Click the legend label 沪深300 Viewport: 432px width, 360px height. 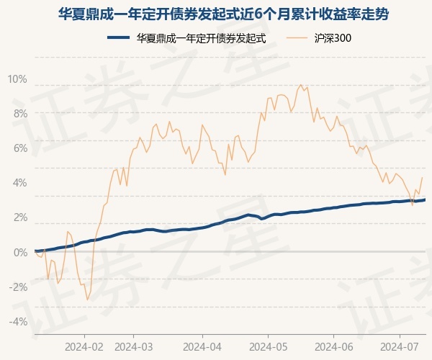point(333,39)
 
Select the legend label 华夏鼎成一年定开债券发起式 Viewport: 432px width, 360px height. point(202,39)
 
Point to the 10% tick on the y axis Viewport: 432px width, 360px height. point(17,79)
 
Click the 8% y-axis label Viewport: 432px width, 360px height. point(20,114)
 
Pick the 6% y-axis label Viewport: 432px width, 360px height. point(20,148)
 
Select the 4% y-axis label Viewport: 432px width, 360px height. point(20,183)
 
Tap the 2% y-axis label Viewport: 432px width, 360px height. point(20,217)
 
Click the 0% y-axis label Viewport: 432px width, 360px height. point(20,252)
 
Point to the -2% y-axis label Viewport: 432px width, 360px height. point(19,287)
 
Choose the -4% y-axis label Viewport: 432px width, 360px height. point(19,321)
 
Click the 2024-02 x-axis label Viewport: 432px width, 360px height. point(84,346)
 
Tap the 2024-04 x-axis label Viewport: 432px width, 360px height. point(202,346)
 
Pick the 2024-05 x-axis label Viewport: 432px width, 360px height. point(268,346)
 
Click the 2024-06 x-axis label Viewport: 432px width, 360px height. point(333,346)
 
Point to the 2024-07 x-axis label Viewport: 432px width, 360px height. point(400,346)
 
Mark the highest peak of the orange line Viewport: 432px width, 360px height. point(300,85)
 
